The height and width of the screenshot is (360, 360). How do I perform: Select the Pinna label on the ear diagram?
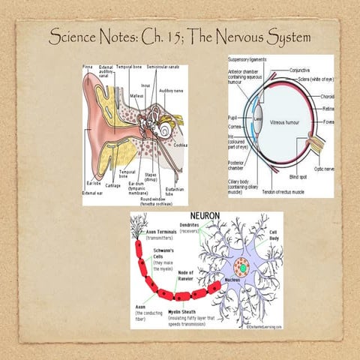coord(88,67)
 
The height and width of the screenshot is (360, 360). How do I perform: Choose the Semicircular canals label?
coord(163,67)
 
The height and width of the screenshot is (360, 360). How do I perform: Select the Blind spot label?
coord(297,177)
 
